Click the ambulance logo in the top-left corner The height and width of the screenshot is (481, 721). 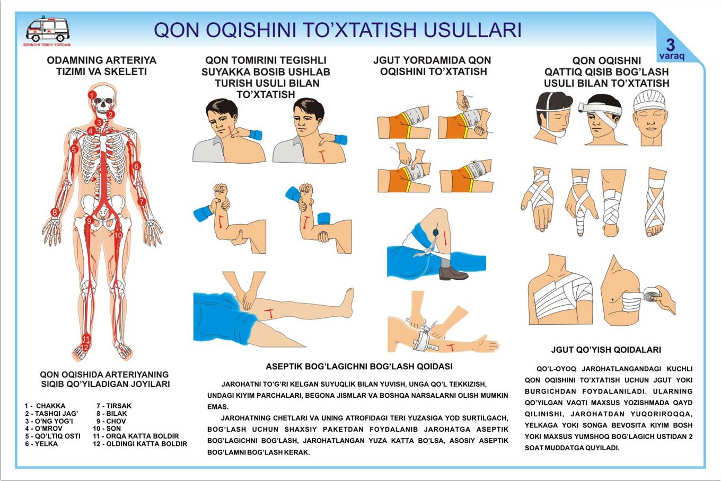click(47, 30)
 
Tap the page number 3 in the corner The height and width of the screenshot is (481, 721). click(671, 45)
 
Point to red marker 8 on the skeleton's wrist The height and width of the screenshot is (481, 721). click(54, 212)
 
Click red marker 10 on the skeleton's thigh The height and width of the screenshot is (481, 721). click(118, 235)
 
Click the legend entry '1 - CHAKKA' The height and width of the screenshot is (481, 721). click(45, 406)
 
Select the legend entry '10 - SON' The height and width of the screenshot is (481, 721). click(107, 428)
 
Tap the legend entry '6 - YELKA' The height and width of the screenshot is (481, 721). click(41, 443)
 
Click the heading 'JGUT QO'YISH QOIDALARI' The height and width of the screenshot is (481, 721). click(605, 350)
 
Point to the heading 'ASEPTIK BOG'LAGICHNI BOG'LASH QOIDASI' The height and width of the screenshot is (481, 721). click(359, 367)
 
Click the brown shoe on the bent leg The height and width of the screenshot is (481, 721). click(453, 273)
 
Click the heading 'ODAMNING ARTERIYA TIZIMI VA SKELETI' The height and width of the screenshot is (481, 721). click(101, 65)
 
